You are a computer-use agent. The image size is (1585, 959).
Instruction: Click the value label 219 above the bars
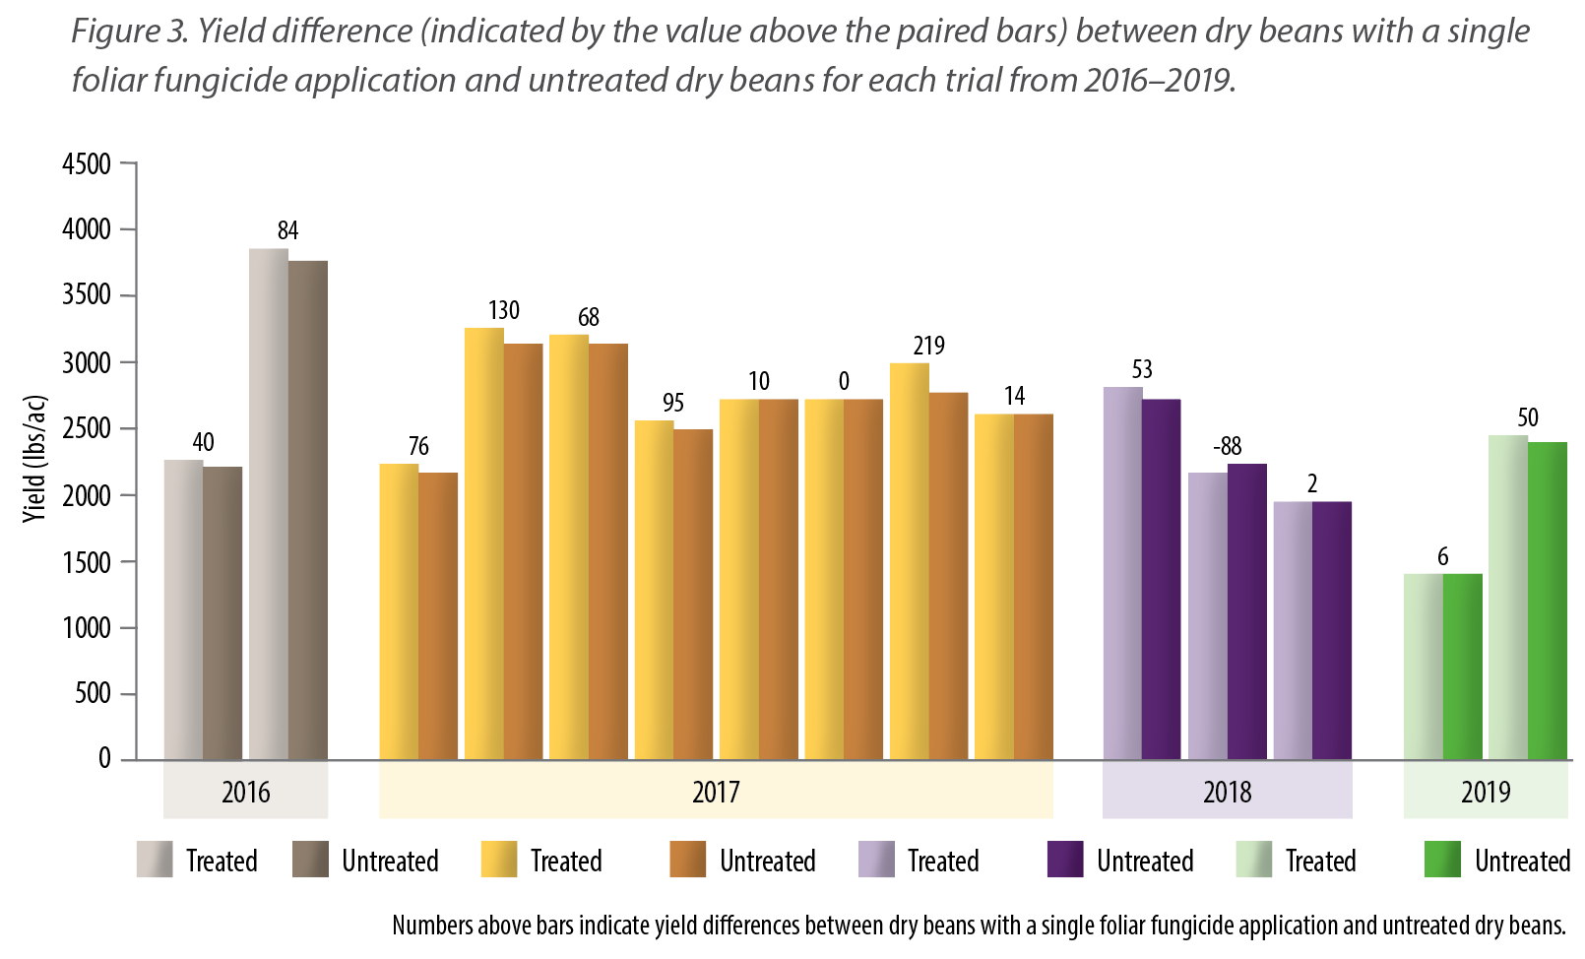(928, 346)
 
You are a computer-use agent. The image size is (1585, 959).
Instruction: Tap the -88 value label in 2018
(1227, 446)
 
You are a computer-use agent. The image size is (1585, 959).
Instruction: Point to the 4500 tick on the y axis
(87, 163)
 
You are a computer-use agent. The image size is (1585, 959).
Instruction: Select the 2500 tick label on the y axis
(87, 429)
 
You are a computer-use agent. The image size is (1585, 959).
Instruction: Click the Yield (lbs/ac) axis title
(35, 458)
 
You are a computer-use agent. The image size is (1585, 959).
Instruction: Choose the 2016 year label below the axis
(245, 793)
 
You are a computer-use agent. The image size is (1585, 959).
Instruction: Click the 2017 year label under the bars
(716, 793)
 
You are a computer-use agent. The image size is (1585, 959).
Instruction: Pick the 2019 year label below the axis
(1485, 793)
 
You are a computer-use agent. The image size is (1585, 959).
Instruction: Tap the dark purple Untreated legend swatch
(1065, 860)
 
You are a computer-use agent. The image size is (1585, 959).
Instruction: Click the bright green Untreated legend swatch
(1443, 860)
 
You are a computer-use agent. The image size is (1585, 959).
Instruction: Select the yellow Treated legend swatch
(499, 860)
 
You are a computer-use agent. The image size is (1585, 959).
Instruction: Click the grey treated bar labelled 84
(268, 502)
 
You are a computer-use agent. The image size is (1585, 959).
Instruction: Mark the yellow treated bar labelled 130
(483, 542)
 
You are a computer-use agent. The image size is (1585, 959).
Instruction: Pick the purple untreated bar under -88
(1247, 610)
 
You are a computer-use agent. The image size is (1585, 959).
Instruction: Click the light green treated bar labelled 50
(1507, 596)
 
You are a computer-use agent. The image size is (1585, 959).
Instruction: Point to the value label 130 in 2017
(503, 310)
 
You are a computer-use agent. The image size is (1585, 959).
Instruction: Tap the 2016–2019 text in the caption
(1158, 80)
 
